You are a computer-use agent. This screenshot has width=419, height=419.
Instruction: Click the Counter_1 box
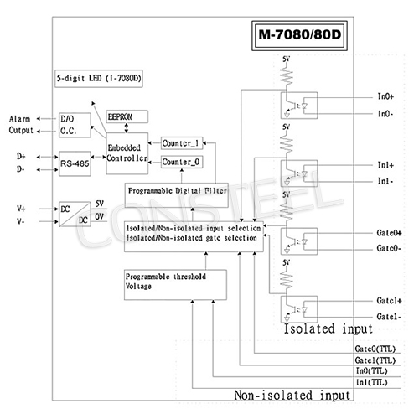click(181, 142)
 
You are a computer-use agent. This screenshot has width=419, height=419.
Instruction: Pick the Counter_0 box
click(181, 161)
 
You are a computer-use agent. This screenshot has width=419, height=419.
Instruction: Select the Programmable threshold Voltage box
click(175, 284)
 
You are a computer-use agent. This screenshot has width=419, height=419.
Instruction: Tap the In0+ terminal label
click(385, 98)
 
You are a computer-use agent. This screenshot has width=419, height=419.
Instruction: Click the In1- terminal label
click(385, 181)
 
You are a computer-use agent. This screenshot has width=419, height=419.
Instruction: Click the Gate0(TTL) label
click(375, 349)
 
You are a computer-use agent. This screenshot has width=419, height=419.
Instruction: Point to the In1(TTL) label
click(372, 381)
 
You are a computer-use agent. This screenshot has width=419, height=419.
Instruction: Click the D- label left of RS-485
click(21, 170)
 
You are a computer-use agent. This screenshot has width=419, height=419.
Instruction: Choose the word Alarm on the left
click(21, 120)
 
